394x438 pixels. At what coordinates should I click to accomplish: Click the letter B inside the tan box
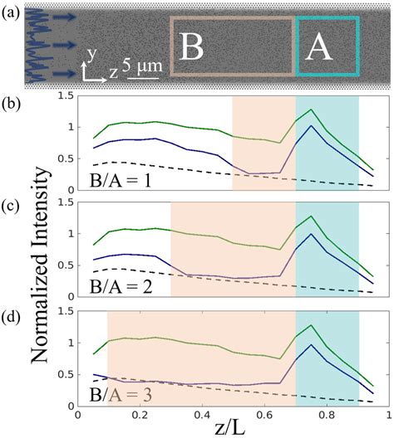(x=193, y=47)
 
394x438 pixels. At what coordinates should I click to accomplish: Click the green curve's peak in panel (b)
(x=311, y=109)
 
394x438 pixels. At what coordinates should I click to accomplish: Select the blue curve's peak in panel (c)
(x=311, y=234)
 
